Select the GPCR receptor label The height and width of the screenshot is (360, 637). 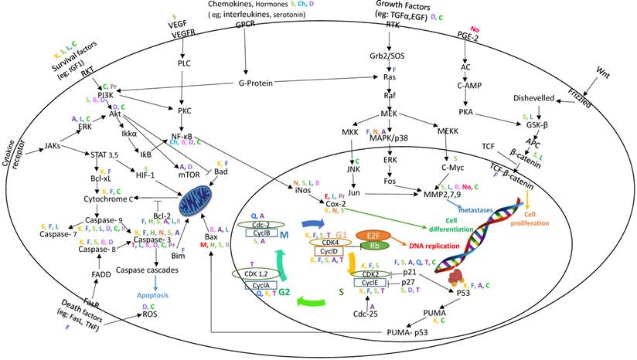click(246, 24)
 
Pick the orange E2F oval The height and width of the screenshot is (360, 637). click(371, 235)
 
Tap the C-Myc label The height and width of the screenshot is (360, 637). click(454, 165)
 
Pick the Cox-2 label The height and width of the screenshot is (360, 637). click(335, 202)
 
